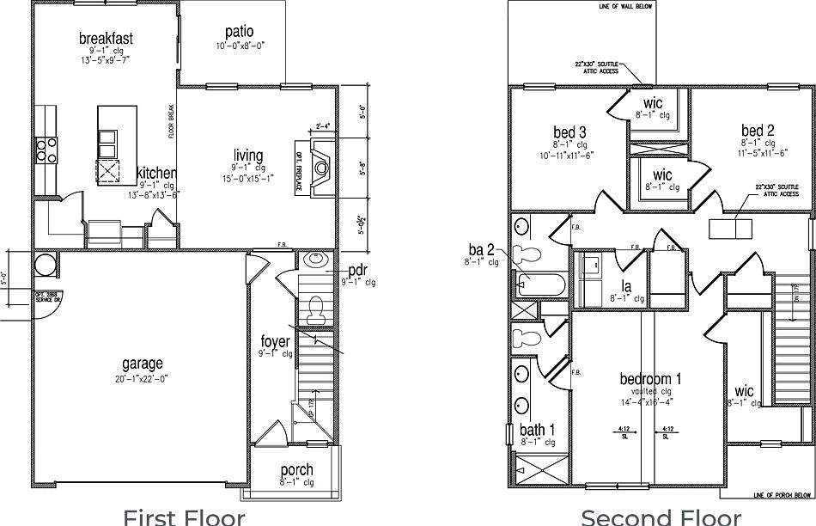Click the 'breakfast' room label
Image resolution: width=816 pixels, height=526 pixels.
pos(106,39)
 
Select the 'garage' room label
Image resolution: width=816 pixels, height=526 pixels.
pos(142,364)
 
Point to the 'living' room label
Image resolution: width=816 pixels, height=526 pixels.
pos(247,156)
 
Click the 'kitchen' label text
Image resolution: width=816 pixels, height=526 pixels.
pos(156,174)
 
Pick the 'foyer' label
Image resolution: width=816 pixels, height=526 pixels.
pos(275,342)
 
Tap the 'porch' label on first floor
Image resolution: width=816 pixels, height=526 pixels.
pos(296,470)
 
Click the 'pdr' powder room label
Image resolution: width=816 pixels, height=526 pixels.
pos(358,269)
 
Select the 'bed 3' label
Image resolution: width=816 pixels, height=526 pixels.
pos(569,132)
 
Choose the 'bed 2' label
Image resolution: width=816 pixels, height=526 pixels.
pos(758,131)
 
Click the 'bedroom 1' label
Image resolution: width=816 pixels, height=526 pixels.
pos(651,378)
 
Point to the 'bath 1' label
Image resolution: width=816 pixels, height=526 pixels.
pos(537,431)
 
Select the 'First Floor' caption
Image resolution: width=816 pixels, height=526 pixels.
pos(184,516)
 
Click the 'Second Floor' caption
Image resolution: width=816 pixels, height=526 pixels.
pos(661,516)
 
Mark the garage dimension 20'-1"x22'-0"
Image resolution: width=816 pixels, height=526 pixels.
pos(142,379)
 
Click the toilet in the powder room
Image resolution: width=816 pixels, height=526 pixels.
pos(315,307)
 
